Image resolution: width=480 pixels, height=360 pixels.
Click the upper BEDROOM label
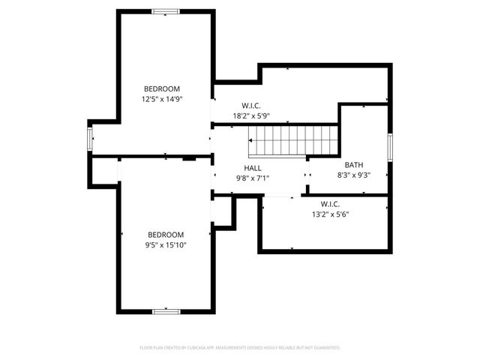point(161,88)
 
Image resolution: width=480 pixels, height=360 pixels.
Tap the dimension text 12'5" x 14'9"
point(161,98)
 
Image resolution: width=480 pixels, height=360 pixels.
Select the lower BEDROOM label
point(165,234)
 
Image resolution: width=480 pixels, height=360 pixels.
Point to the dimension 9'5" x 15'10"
point(165,244)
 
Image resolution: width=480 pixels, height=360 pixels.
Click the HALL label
point(253,168)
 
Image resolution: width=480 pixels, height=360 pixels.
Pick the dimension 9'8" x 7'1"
point(253,178)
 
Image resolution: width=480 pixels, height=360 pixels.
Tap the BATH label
point(353,165)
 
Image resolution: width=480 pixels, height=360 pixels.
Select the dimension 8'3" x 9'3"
point(353,175)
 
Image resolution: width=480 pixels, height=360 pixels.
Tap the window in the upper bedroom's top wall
point(165,11)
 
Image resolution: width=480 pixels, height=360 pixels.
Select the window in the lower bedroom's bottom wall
point(165,310)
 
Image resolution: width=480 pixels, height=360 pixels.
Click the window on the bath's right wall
point(389,146)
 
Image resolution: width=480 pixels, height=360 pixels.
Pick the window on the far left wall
point(90,139)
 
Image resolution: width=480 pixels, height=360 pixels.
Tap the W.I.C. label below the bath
point(330,204)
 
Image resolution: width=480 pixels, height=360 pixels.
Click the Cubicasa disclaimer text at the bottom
point(240,348)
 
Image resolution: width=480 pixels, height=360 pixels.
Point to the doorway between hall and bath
point(306,175)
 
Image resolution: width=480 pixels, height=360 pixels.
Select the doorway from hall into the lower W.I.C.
point(280,196)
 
